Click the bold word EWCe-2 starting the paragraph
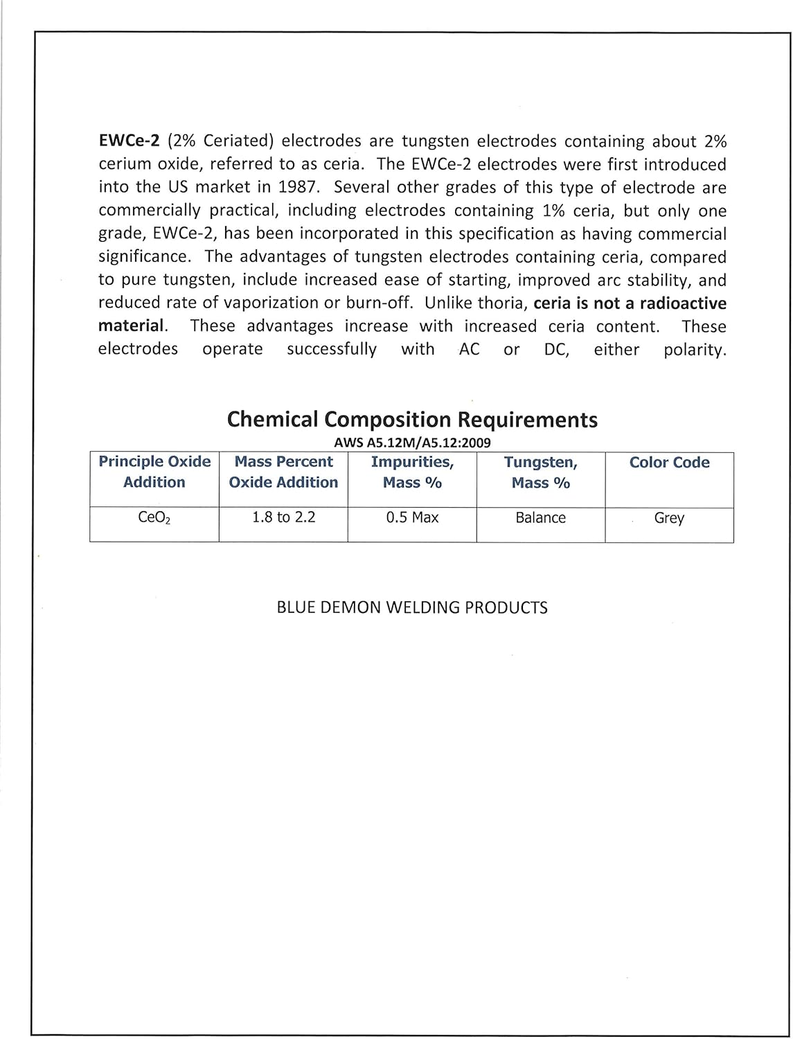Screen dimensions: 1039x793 [x=130, y=141]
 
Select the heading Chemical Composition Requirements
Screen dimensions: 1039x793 [x=412, y=419]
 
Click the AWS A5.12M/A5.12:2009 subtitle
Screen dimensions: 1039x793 [x=412, y=443]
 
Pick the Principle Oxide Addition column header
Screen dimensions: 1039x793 [x=154, y=472]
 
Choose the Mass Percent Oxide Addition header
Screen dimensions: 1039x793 [x=283, y=472]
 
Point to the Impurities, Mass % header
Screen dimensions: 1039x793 [x=412, y=472]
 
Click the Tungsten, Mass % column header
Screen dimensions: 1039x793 [x=541, y=472]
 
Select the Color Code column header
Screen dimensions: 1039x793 [x=669, y=463]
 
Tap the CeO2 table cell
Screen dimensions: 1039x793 [x=154, y=518]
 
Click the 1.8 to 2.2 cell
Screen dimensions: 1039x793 [x=283, y=517]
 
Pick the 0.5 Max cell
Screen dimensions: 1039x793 [x=412, y=517]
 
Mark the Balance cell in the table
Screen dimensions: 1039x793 [x=541, y=517]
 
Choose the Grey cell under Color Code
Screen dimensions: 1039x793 [x=669, y=518]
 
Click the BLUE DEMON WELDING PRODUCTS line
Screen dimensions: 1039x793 [x=412, y=607]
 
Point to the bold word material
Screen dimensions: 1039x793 [x=132, y=326]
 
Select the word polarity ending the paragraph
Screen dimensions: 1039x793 [x=695, y=349]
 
